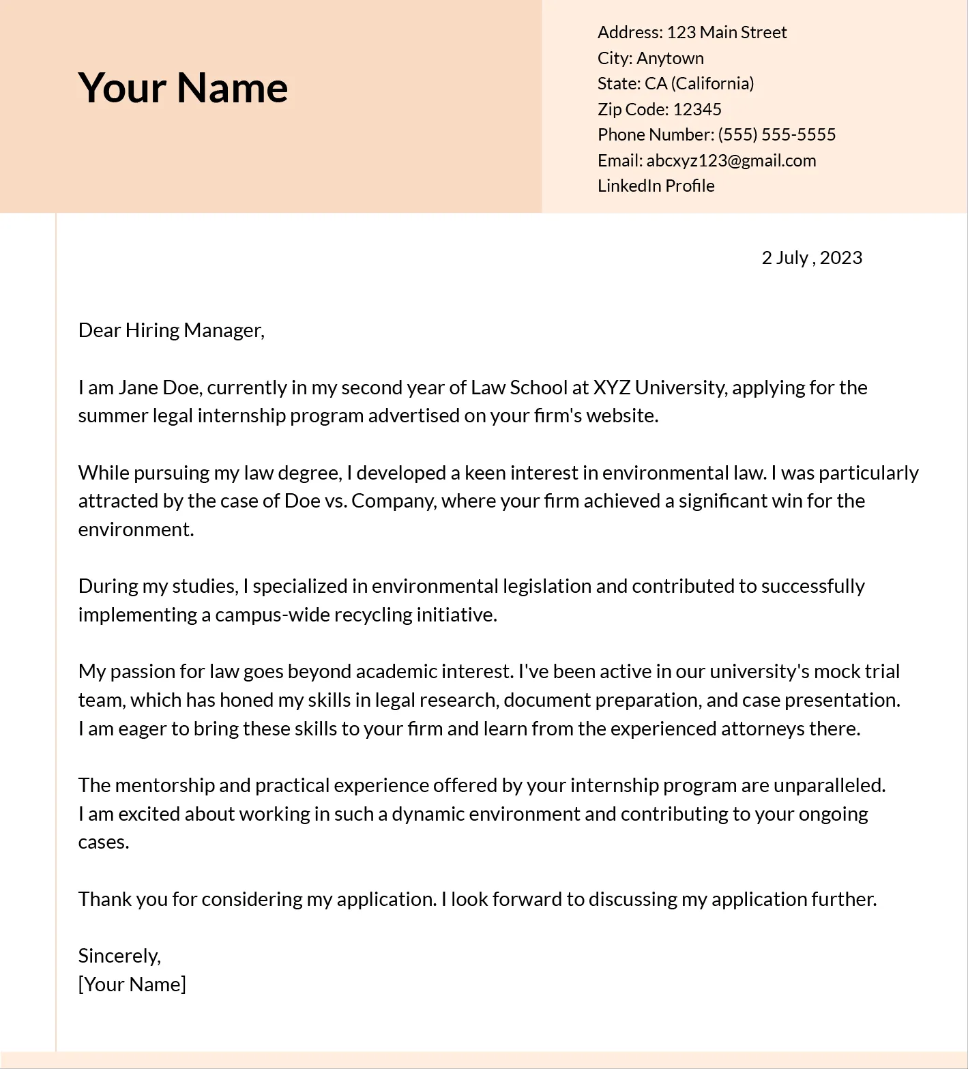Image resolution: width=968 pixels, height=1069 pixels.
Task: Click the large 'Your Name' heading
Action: click(x=183, y=87)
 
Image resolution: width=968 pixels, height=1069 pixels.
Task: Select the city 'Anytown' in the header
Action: click(x=670, y=58)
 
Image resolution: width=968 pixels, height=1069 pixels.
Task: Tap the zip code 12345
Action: click(x=696, y=109)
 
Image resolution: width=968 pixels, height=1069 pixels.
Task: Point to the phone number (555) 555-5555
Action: click(x=776, y=134)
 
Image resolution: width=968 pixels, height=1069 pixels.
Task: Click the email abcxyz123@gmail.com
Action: click(x=731, y=160)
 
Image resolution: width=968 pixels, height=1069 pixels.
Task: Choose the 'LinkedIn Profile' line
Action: click(x=656, y=186)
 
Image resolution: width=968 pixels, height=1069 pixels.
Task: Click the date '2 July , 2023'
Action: click(x=811, y=257)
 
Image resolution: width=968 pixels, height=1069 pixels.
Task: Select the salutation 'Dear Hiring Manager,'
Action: click(x=171, y=330)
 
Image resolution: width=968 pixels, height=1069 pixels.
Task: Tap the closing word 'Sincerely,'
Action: click(x=119, y=956)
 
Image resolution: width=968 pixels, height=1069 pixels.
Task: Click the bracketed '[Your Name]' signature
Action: click(x=132, y=984)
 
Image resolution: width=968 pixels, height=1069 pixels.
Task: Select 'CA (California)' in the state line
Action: click(x=699, y=83)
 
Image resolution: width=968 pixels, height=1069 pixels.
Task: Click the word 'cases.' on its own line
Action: click(x=104, y=842)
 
